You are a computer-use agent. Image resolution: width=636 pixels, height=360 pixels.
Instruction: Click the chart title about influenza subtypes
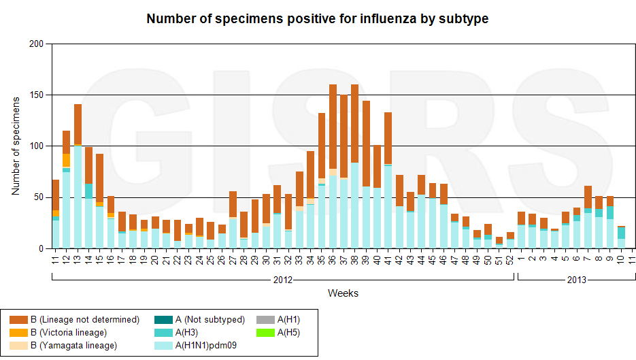[318, 19]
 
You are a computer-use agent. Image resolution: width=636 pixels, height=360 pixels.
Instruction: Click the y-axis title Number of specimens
[16, 146]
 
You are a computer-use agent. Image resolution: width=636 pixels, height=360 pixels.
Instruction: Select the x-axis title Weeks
[343, 293]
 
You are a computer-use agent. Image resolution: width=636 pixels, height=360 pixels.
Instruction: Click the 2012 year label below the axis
[283, 280]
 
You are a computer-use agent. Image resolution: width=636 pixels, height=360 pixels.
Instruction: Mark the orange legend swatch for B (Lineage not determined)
[18, 320]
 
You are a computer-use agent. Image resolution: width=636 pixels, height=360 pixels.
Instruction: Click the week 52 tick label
[509, 259]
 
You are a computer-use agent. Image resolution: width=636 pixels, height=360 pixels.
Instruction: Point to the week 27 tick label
[233, 259]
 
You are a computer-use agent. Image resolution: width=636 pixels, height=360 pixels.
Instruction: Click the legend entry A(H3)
[187, 333]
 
